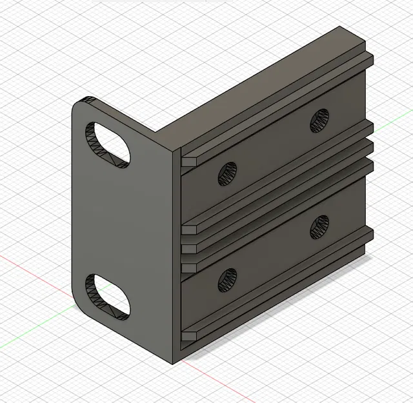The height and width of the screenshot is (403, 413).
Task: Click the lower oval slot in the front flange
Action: click(108, 297)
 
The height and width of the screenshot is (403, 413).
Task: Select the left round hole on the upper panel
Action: click(228, 172)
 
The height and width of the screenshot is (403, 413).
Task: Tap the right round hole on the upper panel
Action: click(319, 121)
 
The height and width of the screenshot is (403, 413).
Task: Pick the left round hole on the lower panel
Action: click(228, 279)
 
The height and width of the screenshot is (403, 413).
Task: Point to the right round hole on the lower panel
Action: click(319, 226)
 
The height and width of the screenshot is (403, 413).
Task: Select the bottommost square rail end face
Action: click(190, 334)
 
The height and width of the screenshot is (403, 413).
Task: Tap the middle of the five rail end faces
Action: click(190, 247)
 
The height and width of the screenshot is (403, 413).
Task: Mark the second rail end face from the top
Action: click(190, 229)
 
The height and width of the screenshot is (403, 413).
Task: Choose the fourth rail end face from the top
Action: click(190, 265)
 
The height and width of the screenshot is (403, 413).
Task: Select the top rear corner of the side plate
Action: click(340, 27)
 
